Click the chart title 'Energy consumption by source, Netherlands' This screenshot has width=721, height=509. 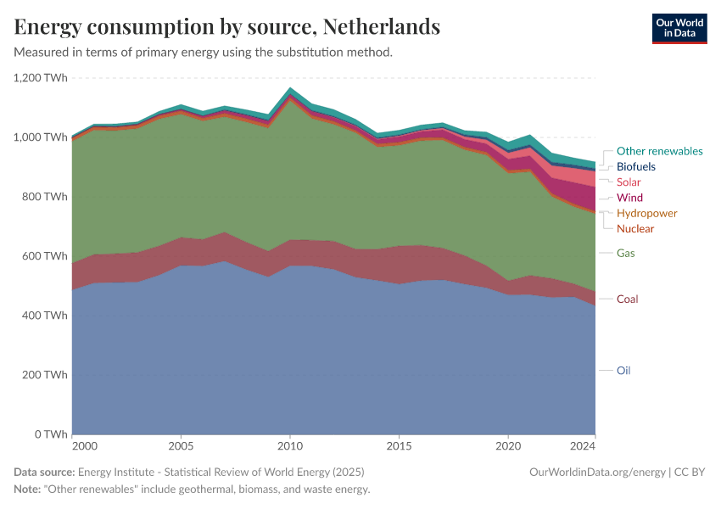(x=227, y=27)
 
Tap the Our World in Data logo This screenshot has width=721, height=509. (x=679, y=28)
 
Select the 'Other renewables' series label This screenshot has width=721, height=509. (x=659, y=151)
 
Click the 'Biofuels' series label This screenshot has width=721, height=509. (x=635, y=167)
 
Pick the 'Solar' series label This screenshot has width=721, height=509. (x=629, y=182)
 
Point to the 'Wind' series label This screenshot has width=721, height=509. (x=629, y=198)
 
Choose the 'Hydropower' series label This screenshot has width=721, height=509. (x=646, y=213)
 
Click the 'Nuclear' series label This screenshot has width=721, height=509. (x=635, y=229)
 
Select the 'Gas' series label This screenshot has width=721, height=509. (x=625, y=253)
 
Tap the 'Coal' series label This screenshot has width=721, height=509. (x=627, y=299)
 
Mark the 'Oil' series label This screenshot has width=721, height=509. (x=623, y=371)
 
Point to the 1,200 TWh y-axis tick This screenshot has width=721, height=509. (x=40, y=78)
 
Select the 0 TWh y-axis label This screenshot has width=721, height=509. (x=51, y=434)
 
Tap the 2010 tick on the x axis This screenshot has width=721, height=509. (x=290, y=445)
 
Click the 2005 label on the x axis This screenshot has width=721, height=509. (x=181, y=445)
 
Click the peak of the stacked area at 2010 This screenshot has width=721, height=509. (x=290, y=87)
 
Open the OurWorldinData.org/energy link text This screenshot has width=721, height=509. (x=596, y=473)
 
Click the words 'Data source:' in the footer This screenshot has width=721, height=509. (x=44, y=473)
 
